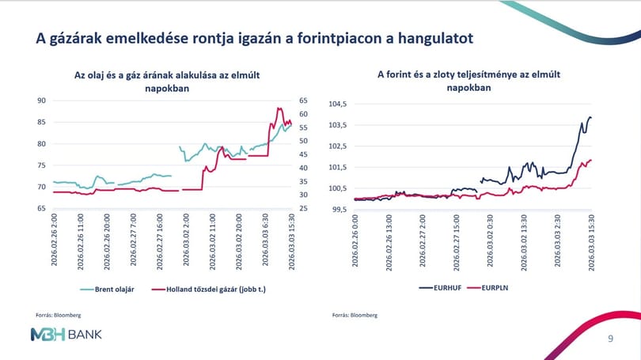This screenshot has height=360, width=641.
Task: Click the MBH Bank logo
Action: [x=66, y=335]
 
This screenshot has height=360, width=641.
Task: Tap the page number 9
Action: [x=610, y=339]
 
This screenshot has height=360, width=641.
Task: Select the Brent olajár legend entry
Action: [x=107, y=290]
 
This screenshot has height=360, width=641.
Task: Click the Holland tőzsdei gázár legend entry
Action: [x=208, y=290]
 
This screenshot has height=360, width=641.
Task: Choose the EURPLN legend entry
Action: [x=487, y=288]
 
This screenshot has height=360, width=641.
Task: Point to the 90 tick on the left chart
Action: [x=42, y=100]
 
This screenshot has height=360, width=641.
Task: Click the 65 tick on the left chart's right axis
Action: [x=303, y=100]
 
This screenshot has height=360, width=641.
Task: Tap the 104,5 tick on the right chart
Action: [x=338, y=104]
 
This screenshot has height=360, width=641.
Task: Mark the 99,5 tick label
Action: [x=339, y=209]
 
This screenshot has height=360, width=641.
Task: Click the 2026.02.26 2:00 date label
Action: [x=54, y=240]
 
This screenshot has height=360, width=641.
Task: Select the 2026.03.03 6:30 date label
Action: [x=265, y=240]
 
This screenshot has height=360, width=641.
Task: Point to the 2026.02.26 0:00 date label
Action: [x=355, y=241]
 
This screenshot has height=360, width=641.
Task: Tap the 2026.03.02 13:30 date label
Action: [x=524, y=243]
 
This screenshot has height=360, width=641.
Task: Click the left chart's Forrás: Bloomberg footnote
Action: [x=59, y=315]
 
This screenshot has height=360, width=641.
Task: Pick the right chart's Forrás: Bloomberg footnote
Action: [x=355, y=315]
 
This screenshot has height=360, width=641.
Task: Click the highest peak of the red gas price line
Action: [x=279, y=108]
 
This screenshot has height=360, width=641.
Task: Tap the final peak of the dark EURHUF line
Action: [x=590, y=118]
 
